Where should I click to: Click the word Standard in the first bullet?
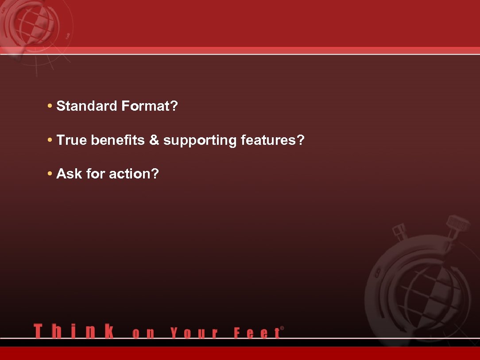[87, 106]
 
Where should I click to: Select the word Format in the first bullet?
[146, 106]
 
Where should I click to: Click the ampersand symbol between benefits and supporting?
[154, 140]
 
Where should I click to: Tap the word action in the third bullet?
[130, 174]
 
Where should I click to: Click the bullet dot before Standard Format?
[50, 107]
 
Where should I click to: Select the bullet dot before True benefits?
[50, 141]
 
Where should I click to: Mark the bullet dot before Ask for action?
[50, 174]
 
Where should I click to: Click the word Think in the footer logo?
[74, 332]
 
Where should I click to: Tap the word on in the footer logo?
[143, 333]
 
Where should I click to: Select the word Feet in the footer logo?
[257, 333]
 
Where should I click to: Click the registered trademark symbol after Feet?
[282, 329]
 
